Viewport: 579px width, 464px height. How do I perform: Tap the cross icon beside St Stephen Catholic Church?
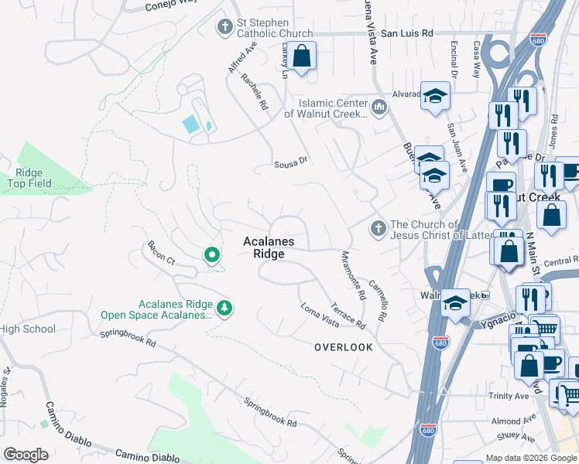[x=225, y=28]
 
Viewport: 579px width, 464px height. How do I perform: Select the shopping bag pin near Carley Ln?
[x=303, y=56]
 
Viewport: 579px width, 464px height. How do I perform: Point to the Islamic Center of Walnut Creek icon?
[x=379, y=107]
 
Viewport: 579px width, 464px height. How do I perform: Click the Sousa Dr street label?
[x=291, y=164]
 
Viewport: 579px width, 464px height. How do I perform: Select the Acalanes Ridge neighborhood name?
[x=269, y=247]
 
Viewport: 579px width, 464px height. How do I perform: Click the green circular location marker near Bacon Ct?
[x=211, y=254]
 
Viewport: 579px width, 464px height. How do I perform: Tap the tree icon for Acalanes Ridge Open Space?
[x=224, y=309]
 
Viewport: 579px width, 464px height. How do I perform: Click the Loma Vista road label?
[x=320, y=314]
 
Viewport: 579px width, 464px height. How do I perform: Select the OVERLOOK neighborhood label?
[x=343, y=347]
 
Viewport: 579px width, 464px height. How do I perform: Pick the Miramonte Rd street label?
[x=352, y=275]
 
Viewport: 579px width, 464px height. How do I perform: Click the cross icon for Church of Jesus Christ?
[x=378, y=227]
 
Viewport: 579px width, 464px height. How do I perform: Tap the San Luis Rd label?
[x=407, y=34]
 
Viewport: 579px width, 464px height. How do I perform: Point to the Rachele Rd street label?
[x=254, y=93]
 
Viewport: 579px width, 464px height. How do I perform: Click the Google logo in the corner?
[x=26, y=454]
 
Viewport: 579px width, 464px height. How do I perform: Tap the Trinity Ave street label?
[x=511, y=396]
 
